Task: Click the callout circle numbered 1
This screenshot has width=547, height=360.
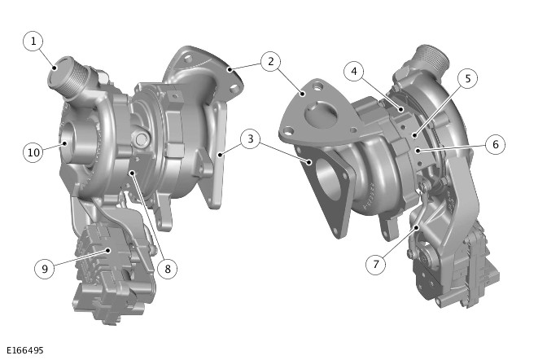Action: click(x=33, y=42)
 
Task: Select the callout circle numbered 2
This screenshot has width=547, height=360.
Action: click(x=270, y=61)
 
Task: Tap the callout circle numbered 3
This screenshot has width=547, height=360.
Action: click(x=250, y=139)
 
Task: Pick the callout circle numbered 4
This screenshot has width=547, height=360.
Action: click(x=354, y=72)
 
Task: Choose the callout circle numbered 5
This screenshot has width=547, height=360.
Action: click(x=467, y=78)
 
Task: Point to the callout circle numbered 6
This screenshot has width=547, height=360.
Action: click(x=496, y=144)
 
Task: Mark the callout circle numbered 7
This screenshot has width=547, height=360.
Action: click(x=376, y=265)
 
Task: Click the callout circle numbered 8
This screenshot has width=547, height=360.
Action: click(x=168, y=269)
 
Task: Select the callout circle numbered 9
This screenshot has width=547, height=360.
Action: click(x=45, y=269)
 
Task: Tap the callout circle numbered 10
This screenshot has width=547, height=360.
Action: click(x=33, y=152)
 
